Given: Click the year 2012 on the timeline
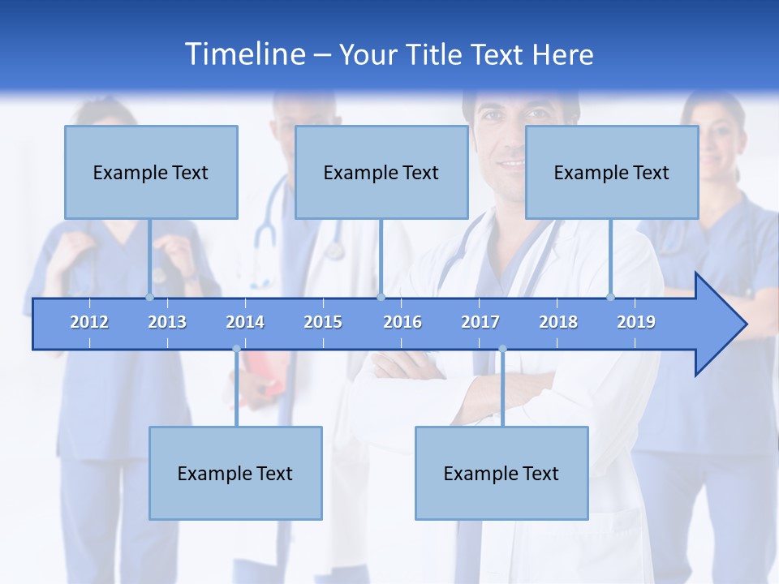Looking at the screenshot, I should click(89, 322).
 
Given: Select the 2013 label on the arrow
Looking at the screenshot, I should click(167, 322).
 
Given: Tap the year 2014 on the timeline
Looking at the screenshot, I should click(245, 322).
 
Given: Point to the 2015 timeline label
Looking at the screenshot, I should click(323, 322).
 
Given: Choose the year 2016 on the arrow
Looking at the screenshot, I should click(402, 322).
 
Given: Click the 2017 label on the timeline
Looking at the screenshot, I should click(480, 322).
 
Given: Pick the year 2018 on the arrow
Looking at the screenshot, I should click(558, 322).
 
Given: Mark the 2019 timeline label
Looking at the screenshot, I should click(636, 322).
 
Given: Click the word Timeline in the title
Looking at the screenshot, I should click(244, 54).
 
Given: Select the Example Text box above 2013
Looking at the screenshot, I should click(151, 172).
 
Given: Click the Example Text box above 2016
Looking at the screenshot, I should click(381, 172).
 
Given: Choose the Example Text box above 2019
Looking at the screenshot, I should click(612, 172).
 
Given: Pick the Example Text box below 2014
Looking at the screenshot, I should click(235, 473).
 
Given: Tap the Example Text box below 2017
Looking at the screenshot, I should click(501, 473).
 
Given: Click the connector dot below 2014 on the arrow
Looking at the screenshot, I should click(236, 350).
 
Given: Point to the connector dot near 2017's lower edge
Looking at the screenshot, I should click(502, 350).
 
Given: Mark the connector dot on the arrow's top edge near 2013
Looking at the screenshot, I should click(149, 297).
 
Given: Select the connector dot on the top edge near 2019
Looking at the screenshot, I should click(610, 297).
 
